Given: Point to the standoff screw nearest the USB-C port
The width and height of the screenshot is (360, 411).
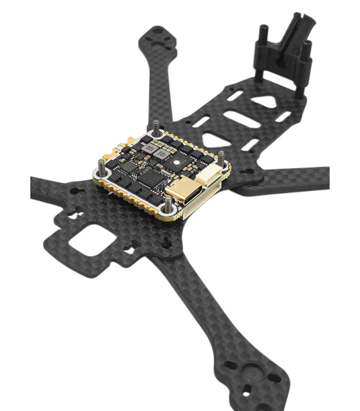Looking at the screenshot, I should tap(168, 206).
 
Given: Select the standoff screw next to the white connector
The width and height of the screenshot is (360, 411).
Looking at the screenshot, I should tap(221, 157).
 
